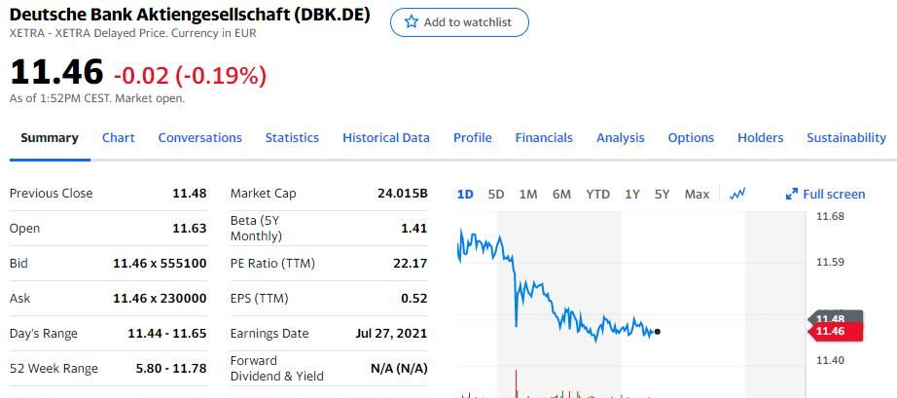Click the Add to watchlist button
pyautogui.click(x=459, y=22)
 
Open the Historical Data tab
pyautogui.click(x=385, y=138)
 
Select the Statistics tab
pyautogui.click(x=292, y=138)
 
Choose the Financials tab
pyautogui.click(x=544, y=138)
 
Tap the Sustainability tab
pyautogui.click(x=845, y=138)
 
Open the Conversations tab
pyautogui.click(x=199, y=138)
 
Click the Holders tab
pyautogui.click(x=760, y=138)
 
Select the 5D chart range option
pyautogui.click(x=496, y=194)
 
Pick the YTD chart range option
pyautogui.click(x=597, y=194)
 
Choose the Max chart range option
pyautogui.click(x=697, y=194)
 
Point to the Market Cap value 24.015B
pyautogui.click(x=402, y=194)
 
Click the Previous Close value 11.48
pyautogui.click(x=189, y=194)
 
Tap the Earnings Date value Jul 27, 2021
pyautogui.click(x=391, y=334)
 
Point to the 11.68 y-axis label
pyautogui.click(x=830, y=216)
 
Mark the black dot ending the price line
pyautogui.click(x=658, y=332)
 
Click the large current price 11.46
pyautogui.click(x=56, y=72)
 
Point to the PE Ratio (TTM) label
pyautogui.click(x=272, y=264)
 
